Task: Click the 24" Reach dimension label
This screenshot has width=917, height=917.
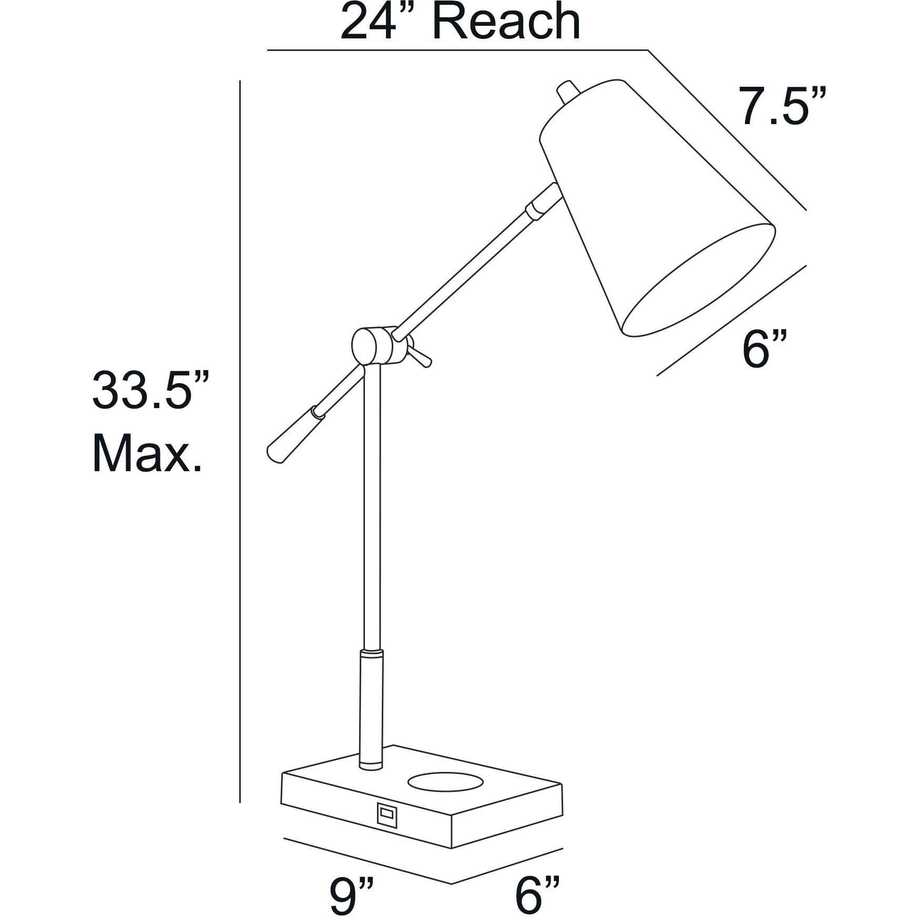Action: [460, 22]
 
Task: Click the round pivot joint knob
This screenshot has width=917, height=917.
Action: [365, 345]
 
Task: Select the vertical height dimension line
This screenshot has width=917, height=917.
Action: [240, 447]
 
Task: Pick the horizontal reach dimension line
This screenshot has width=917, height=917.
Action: [457, 50]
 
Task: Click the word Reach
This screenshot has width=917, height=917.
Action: [506, 22]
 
